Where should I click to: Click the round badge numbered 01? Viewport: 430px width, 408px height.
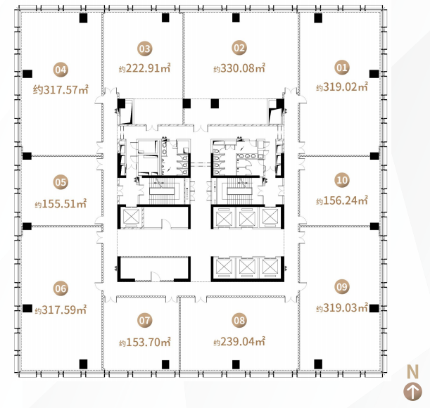(342, 68)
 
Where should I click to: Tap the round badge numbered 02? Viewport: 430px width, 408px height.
(239, 48)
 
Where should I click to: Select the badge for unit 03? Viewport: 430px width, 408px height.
(144, 49)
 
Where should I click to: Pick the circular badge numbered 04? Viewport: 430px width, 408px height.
(61, 70)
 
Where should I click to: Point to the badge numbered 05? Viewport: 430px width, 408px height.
(61, 182)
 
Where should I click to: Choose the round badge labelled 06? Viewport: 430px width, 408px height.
(61, 288)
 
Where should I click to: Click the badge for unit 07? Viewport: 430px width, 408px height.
(144, 320)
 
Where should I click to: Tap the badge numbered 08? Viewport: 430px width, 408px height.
(239, 320)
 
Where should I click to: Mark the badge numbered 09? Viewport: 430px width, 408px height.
(342, 287)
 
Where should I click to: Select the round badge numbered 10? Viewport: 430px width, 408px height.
(342, 180)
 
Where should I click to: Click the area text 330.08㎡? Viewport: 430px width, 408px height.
(243, 68)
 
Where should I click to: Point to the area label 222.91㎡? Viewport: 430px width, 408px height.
(148, 68)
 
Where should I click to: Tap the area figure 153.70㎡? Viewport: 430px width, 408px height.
(148, 342)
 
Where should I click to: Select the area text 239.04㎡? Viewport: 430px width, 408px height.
(243, 342)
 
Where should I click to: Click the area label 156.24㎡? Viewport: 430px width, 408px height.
(346, 200)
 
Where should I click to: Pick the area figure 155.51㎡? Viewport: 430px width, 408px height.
(64, 204)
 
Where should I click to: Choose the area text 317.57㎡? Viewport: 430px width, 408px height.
(66, 89)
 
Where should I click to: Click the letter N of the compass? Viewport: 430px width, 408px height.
(412, 372)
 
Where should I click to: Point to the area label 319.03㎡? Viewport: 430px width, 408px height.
(346, 308)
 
